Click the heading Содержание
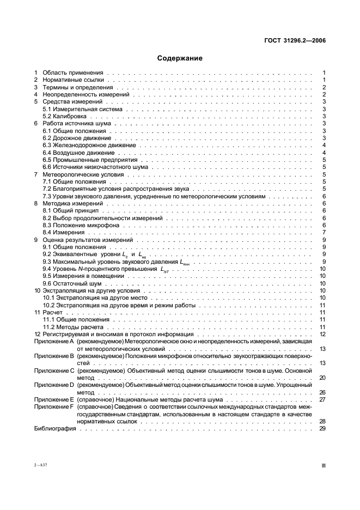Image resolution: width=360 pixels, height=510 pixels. (x=180, y=58)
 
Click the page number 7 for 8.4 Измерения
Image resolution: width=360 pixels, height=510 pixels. (x=324, y=232)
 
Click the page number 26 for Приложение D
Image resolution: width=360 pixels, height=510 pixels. (x=322, y=392)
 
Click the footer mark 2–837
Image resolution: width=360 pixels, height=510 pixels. (x=41, y=465)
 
